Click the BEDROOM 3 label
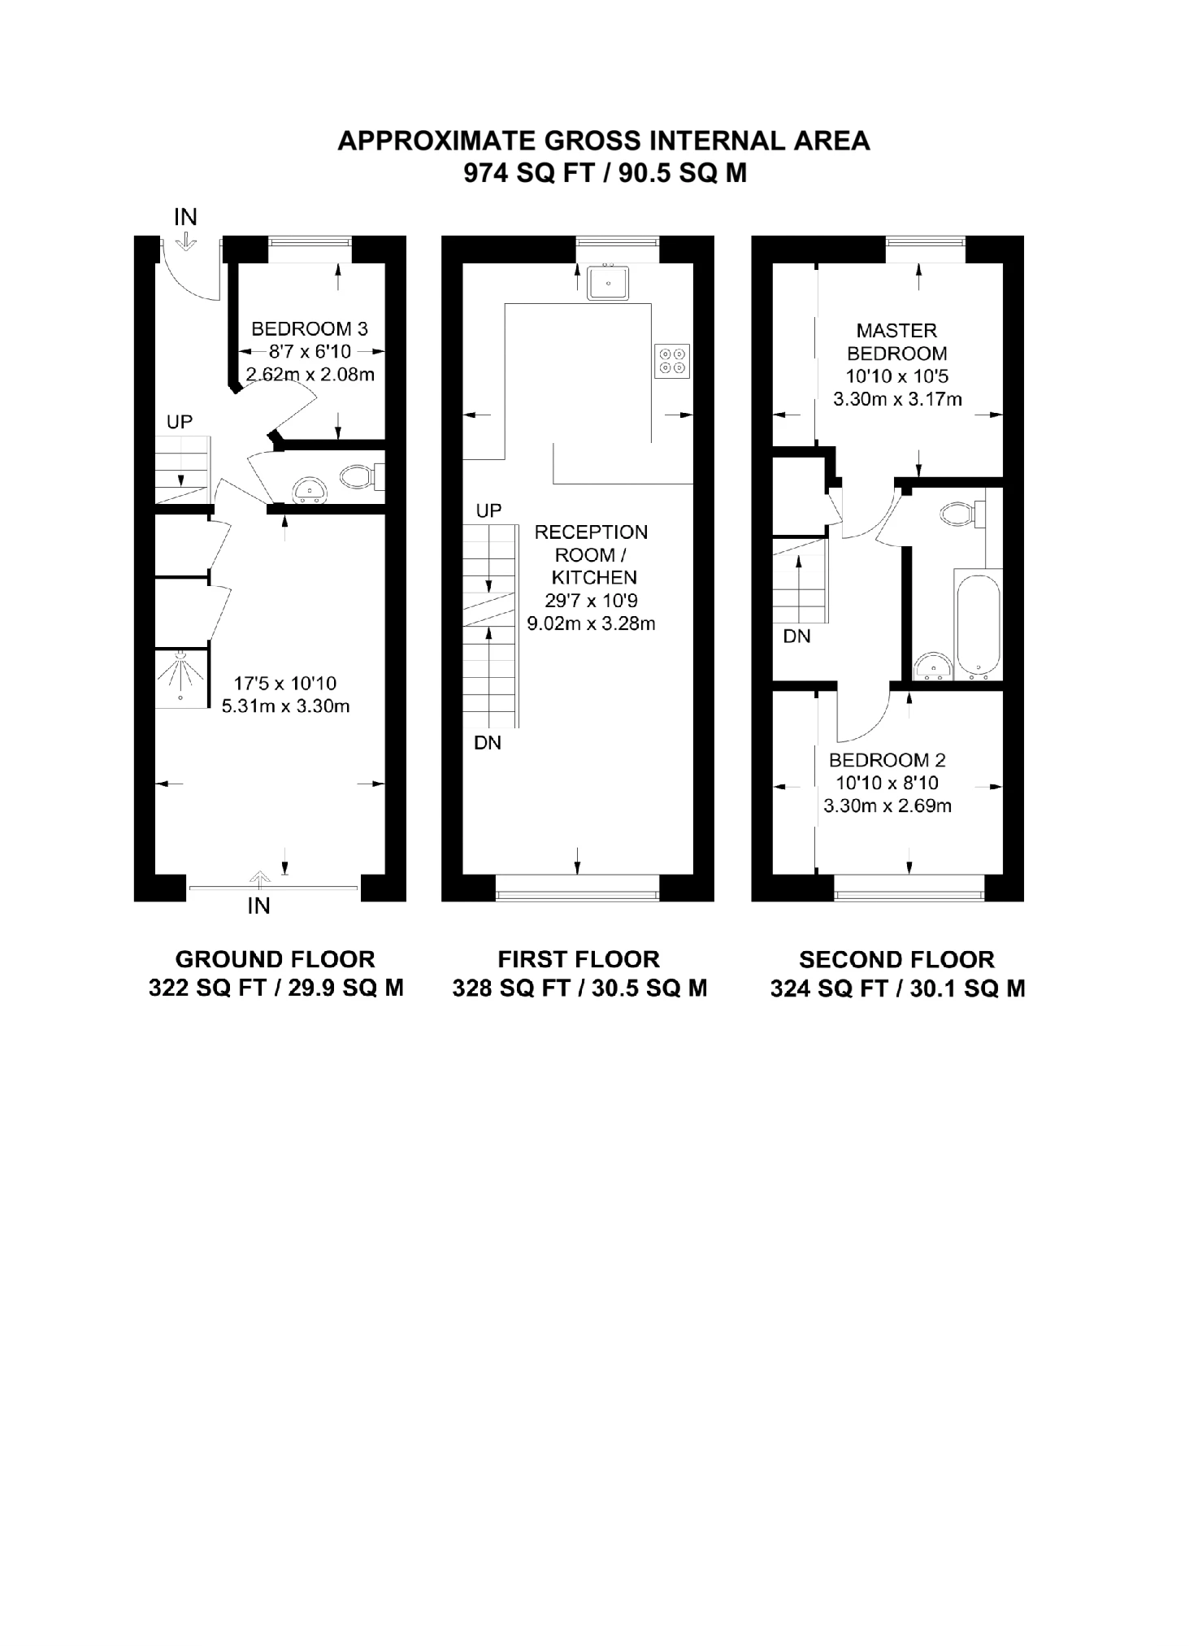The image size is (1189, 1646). (x=309, y=328)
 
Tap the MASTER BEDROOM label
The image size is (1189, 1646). (x=896, y=341)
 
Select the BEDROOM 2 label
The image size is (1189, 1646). (x=887, y=760)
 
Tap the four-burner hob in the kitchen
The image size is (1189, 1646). (x=672, y=360)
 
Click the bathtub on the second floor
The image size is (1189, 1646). (x=978, y=627)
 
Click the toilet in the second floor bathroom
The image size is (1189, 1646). (x=959, y=514)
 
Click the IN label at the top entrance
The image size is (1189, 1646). (x=185, y=217)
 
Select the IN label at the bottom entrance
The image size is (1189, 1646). (x=258, y=906)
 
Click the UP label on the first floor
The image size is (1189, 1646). (x=488, y=510)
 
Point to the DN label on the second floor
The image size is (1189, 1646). (x=796, y=636)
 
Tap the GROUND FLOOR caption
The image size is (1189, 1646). (x=275, y=959)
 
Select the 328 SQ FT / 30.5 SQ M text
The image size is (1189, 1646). (x=579, y=988)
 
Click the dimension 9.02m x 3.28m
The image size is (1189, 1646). (x=591, y=624)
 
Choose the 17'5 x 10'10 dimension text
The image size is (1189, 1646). (x=284, y=683)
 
